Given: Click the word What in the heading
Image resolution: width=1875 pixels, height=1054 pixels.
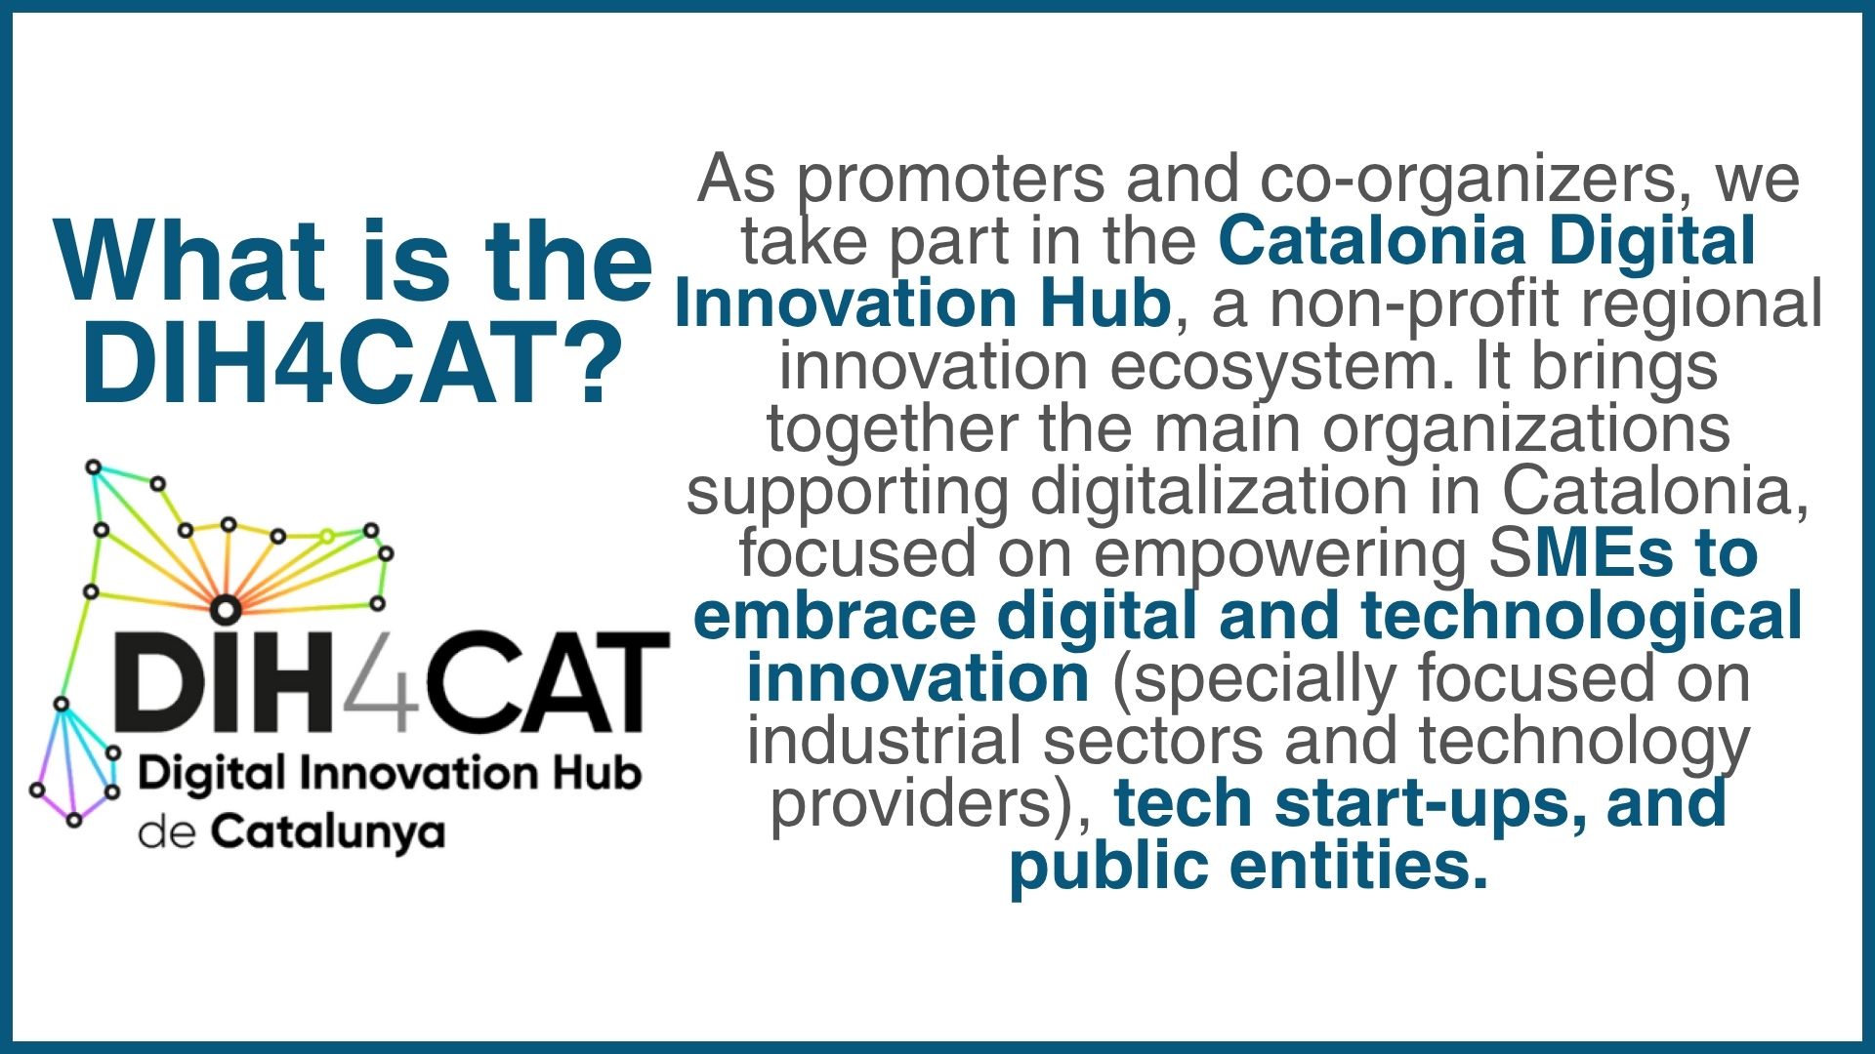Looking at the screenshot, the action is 190,261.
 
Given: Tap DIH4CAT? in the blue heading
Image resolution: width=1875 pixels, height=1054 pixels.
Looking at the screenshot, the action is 353,363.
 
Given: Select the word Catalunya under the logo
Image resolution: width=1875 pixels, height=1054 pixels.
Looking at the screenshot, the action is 328,833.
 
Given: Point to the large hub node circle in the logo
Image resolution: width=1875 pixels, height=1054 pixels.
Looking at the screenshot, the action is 226,609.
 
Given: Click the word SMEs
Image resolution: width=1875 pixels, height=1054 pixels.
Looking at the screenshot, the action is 1581,553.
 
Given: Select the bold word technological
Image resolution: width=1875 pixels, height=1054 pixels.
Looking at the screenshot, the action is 1581,617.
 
